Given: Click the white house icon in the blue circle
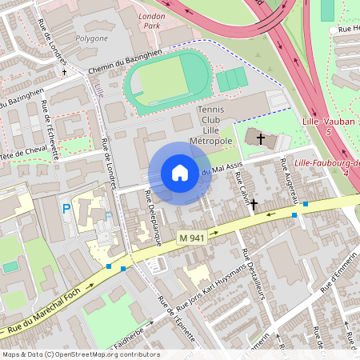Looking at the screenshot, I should coord(179,173).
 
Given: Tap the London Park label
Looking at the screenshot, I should coord(152,20).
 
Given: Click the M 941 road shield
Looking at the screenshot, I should coord(192,238).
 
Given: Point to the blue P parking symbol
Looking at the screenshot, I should coord(66,210).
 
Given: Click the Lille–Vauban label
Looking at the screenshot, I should coord(323,125).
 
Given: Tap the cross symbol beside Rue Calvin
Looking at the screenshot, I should coord(254,204).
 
